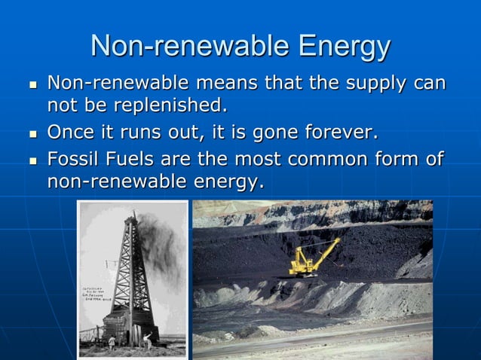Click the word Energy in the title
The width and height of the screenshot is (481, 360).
pyautogui.click(x=345, y=46)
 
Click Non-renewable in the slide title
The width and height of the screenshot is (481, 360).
pyautogui.click(x=188, y=46)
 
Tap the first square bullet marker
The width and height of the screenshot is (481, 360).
pyautogui.click(x=32, y=84)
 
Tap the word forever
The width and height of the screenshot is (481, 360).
pyautogui.click(x=337, y=133)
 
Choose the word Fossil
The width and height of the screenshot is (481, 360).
pyautogui.click(x=75, y=160)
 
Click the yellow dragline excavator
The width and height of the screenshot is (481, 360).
pyautogui.click(x=305, y=260)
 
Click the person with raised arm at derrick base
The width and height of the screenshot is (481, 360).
pyautogui.click(x=148, y=340)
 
